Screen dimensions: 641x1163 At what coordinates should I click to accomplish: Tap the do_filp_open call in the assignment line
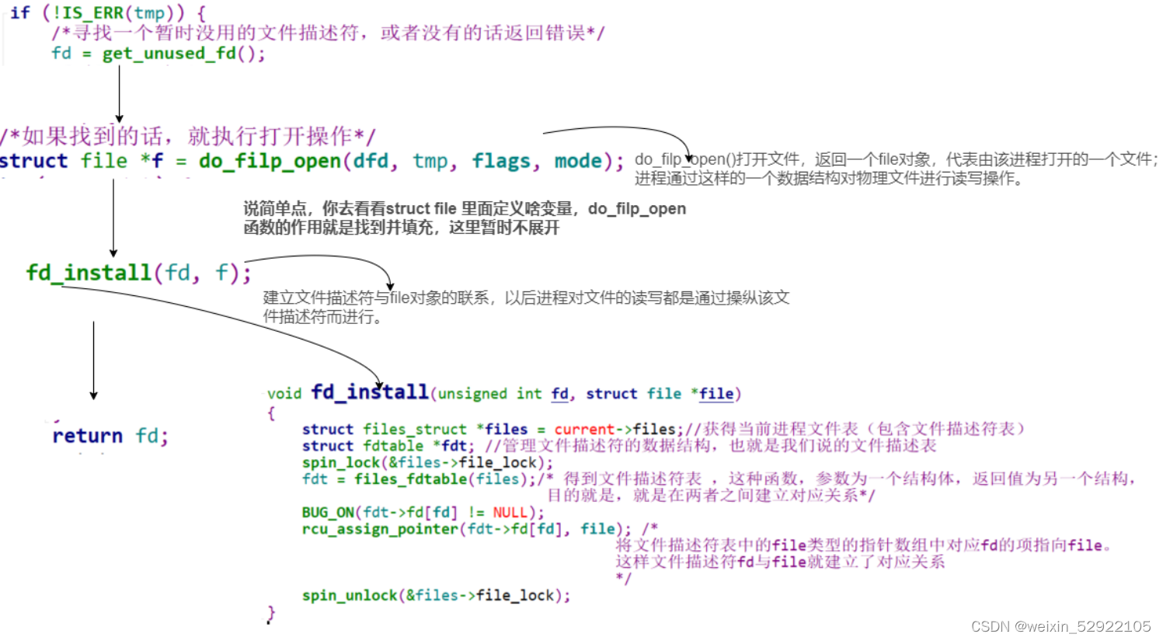tap(270, 161)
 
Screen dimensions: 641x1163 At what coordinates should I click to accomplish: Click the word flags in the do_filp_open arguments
tap(501, 161)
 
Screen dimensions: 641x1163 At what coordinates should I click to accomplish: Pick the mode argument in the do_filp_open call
tap(578, 161)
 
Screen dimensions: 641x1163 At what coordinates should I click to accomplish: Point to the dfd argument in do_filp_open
tap(370, 161)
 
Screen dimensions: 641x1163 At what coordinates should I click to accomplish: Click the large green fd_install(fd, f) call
tap(138, 273)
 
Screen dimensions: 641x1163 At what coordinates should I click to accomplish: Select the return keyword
tap(87, 436)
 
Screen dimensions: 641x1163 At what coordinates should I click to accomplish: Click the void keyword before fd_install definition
tap(284, 393)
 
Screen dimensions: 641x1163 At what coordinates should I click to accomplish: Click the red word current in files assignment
tap(584, 429)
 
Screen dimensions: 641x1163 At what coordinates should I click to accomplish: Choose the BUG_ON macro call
tap(327, 512)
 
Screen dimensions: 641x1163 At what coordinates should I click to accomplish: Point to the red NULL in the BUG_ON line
tap(510, 512)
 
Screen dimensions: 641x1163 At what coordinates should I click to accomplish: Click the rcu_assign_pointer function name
tap(380, 529)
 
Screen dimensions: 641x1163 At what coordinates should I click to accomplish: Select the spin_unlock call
tap(350, 595)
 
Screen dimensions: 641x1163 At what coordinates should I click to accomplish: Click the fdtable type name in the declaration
tap(393, 446)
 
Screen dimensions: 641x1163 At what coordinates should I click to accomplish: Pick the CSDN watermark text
tap(1060, 626)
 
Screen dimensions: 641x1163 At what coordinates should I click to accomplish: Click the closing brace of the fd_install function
tap(271, 614)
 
